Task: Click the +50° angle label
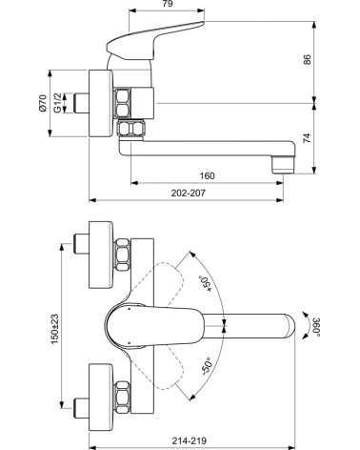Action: pos(203,283)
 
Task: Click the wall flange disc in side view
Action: pos(96,103)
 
